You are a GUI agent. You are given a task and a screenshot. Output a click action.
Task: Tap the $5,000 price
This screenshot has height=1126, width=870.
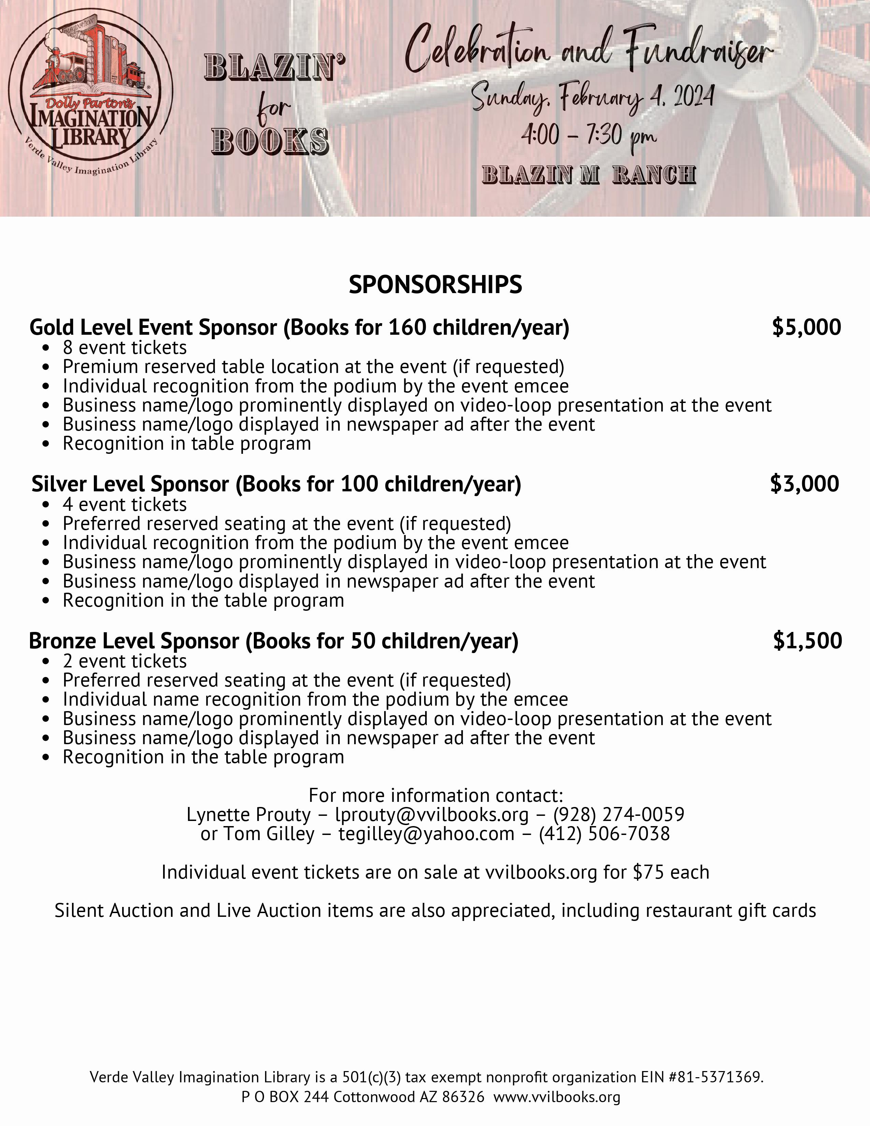click(807, 327)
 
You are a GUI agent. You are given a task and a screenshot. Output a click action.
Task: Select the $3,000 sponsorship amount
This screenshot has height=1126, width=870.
click(804, 483)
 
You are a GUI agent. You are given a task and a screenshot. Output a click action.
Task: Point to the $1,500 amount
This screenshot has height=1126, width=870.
click(807, 640)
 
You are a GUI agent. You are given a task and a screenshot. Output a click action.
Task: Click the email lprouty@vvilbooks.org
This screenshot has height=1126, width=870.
click(432, 814)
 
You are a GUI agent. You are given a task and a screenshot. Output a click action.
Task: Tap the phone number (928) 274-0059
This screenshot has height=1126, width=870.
click(619, 814)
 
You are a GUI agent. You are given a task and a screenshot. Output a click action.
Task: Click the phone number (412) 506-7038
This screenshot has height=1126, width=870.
click(604, 834)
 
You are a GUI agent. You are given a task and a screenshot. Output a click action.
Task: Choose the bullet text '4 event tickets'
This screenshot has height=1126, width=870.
click(125, 504)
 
